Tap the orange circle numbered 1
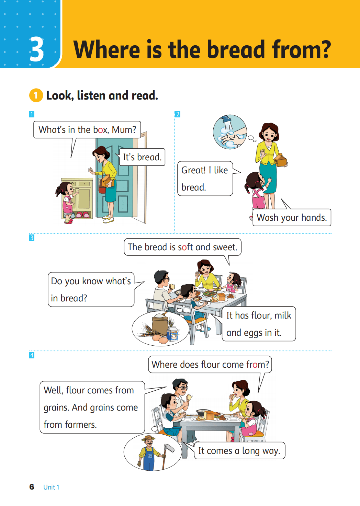[36, 95]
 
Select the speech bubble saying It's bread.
[142, 157]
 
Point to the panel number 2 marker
[178, 114]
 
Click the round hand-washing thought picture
[230, 132]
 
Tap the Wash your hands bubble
[292, 217]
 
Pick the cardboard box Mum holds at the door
[107, 181]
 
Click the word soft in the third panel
[186, 247]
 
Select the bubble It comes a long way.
[239, 451]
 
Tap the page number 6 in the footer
[32, 487]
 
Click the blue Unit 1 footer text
[51, 487]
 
